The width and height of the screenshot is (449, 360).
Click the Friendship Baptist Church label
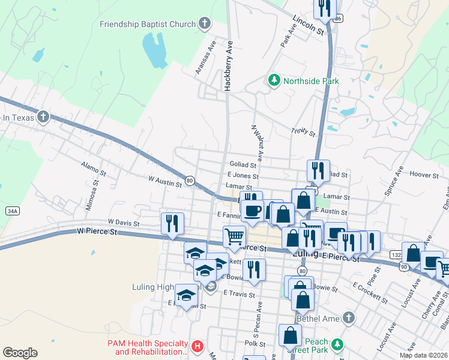tap(148, 25)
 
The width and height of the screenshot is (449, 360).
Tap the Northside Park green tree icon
tap(274, 80)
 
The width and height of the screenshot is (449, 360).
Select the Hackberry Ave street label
tap(228, 66)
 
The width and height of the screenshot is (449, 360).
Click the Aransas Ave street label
tap(205, 58)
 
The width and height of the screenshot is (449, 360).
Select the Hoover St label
tap(424, 174)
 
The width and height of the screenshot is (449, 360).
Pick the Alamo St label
tap(94, 167)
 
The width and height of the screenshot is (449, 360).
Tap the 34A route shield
tap(13, 211)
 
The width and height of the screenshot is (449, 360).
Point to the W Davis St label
tap(124, 223)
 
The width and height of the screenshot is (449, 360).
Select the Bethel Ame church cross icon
tap(349, 318)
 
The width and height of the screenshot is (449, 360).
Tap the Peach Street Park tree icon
tap(338, 344)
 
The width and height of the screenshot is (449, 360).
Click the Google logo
tap(20, 353)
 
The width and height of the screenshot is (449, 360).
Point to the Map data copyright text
tap(424, 355)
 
